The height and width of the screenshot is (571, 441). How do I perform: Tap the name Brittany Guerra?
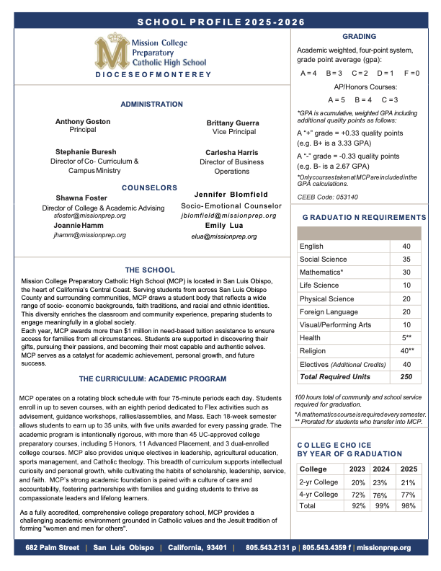pos(234,123)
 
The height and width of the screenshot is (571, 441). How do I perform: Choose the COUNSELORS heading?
pos(150,187)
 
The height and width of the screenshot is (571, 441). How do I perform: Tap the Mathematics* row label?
pos(321,273)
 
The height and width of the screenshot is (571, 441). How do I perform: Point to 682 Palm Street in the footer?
pos(52,548)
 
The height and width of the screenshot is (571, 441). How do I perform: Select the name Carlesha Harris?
pos(231,153)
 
